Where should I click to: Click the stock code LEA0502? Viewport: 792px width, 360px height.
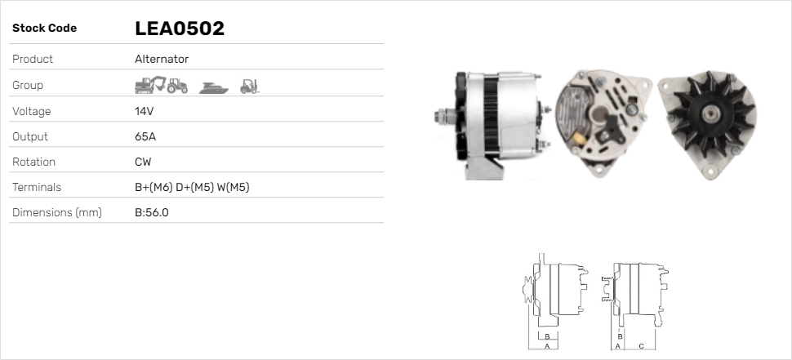(179, 29)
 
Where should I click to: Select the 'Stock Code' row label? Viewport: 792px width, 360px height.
(44, 29)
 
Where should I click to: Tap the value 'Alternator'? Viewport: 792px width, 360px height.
(162, 60)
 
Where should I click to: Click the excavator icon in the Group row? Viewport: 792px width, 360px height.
(149, 85)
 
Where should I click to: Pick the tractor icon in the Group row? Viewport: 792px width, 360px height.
(177, 85)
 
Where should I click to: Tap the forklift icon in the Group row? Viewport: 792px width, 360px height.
(249, 85)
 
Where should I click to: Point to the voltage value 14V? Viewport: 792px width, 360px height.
(145, 111)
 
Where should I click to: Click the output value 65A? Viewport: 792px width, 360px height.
(145, 136)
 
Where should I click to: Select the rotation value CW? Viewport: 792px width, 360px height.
(143, 162)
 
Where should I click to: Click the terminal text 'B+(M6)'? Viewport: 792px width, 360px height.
(153, 188)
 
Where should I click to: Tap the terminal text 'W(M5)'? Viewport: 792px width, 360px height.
(233, 188)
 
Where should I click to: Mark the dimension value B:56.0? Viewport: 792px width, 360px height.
(152, 213)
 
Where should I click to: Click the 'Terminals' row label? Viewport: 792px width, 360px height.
(37, 188)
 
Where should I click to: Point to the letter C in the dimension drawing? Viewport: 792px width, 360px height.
(641, 346)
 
